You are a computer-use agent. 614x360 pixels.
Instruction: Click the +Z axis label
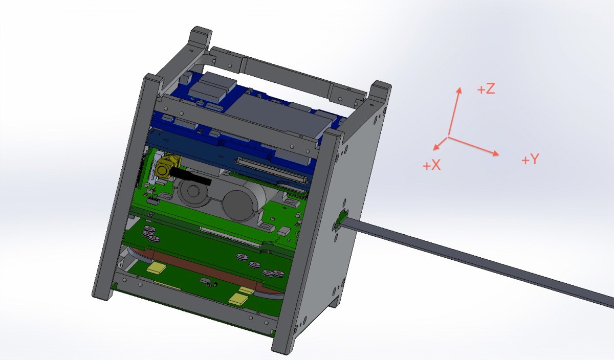[486, 89]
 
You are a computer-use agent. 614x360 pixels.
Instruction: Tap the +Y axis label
[531, 159]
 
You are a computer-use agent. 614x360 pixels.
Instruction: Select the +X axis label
[432, 165]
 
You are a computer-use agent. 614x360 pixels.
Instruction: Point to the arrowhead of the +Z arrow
[459, 91]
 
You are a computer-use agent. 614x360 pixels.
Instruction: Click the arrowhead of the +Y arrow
[496, 153]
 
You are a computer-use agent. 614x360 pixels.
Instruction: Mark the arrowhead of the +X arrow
[436, 147]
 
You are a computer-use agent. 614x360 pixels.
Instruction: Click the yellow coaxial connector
[164, 168]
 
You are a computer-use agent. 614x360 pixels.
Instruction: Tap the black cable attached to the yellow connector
[191, 176]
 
